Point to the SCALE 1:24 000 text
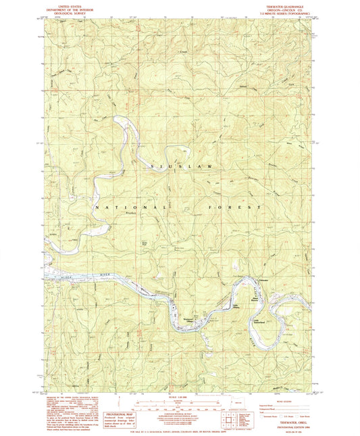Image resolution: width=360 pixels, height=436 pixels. (177, 397)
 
